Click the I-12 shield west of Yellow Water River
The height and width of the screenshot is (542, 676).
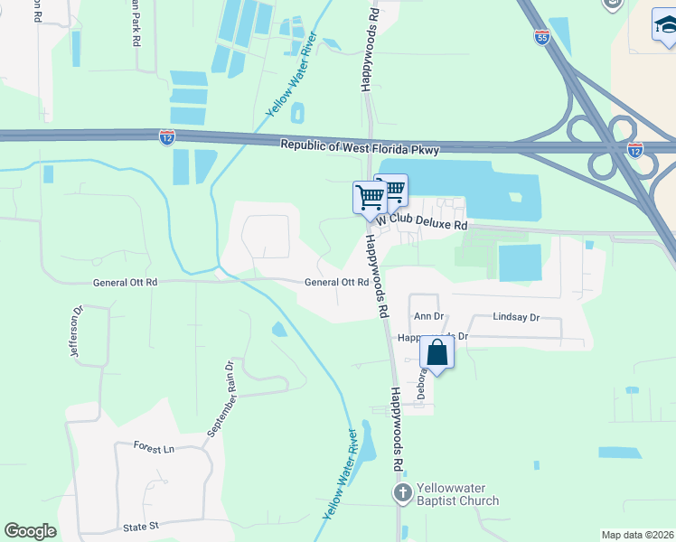click(x=167, y=136)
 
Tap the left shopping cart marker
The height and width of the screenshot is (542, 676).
click(x=370, y=196)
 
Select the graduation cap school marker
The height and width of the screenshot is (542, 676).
click(x=669, y=25)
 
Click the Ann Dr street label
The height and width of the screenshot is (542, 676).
click(x=428, y=316)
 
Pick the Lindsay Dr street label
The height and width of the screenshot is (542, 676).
click(x=516, y=317)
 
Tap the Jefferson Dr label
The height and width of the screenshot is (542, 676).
click(x=76, y=330)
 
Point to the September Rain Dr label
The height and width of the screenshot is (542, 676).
click(x=219, y=399)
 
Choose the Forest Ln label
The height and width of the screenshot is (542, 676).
click(x=154, y=448)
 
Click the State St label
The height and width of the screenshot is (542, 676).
click(x=141, y=525)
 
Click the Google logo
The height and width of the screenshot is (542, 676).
click(x=30, y=530)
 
